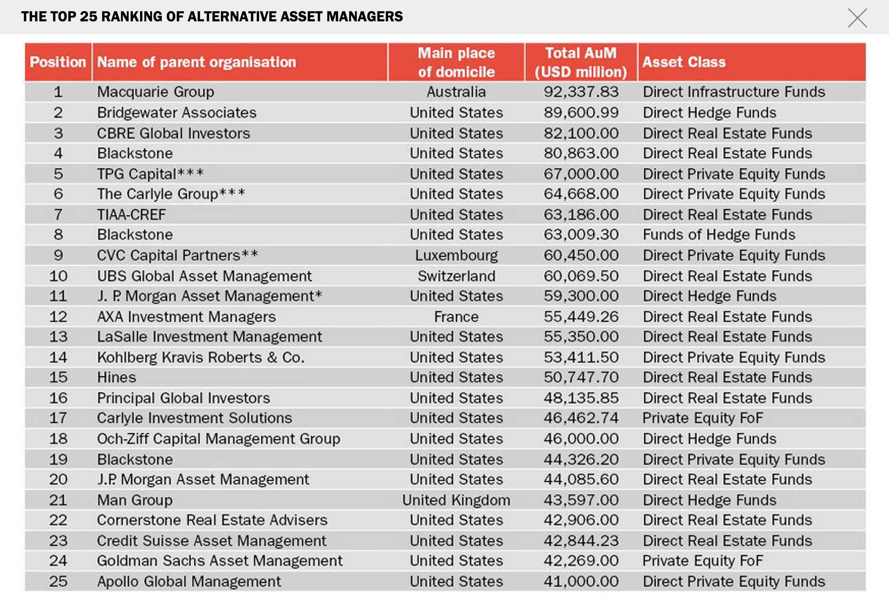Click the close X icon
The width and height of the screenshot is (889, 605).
coord(857,18)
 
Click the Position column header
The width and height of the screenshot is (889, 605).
coord(58,62)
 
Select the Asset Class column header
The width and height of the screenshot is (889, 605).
coord(684,62)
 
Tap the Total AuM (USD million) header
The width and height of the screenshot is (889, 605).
coord(581,62)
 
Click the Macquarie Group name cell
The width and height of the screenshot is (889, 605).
coord(155,92)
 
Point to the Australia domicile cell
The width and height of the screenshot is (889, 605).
coord(456,92)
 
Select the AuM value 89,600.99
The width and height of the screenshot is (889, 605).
coord(581,112)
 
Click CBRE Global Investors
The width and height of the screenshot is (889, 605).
coord(173,133)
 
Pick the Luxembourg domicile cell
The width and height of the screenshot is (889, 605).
coord(456,255)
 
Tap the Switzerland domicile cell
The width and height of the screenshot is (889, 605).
coord(456,276)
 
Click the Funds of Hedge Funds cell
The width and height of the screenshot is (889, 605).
coord(719,235)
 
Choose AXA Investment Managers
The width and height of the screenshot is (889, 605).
coord(186,317)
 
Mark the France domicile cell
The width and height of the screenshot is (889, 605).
coord(456,317)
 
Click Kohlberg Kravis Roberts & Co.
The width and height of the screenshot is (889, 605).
coord(200,357)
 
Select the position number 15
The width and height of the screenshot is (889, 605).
coord(58,377)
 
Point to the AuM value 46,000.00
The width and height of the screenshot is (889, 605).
coord(581,439)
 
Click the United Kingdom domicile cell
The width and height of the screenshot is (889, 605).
coord(456,500)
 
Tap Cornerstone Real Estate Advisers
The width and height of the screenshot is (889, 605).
coord(212,520)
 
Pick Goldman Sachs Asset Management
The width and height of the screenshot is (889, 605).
coord(219,561)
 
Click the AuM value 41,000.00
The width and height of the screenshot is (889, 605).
coord(581,581)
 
